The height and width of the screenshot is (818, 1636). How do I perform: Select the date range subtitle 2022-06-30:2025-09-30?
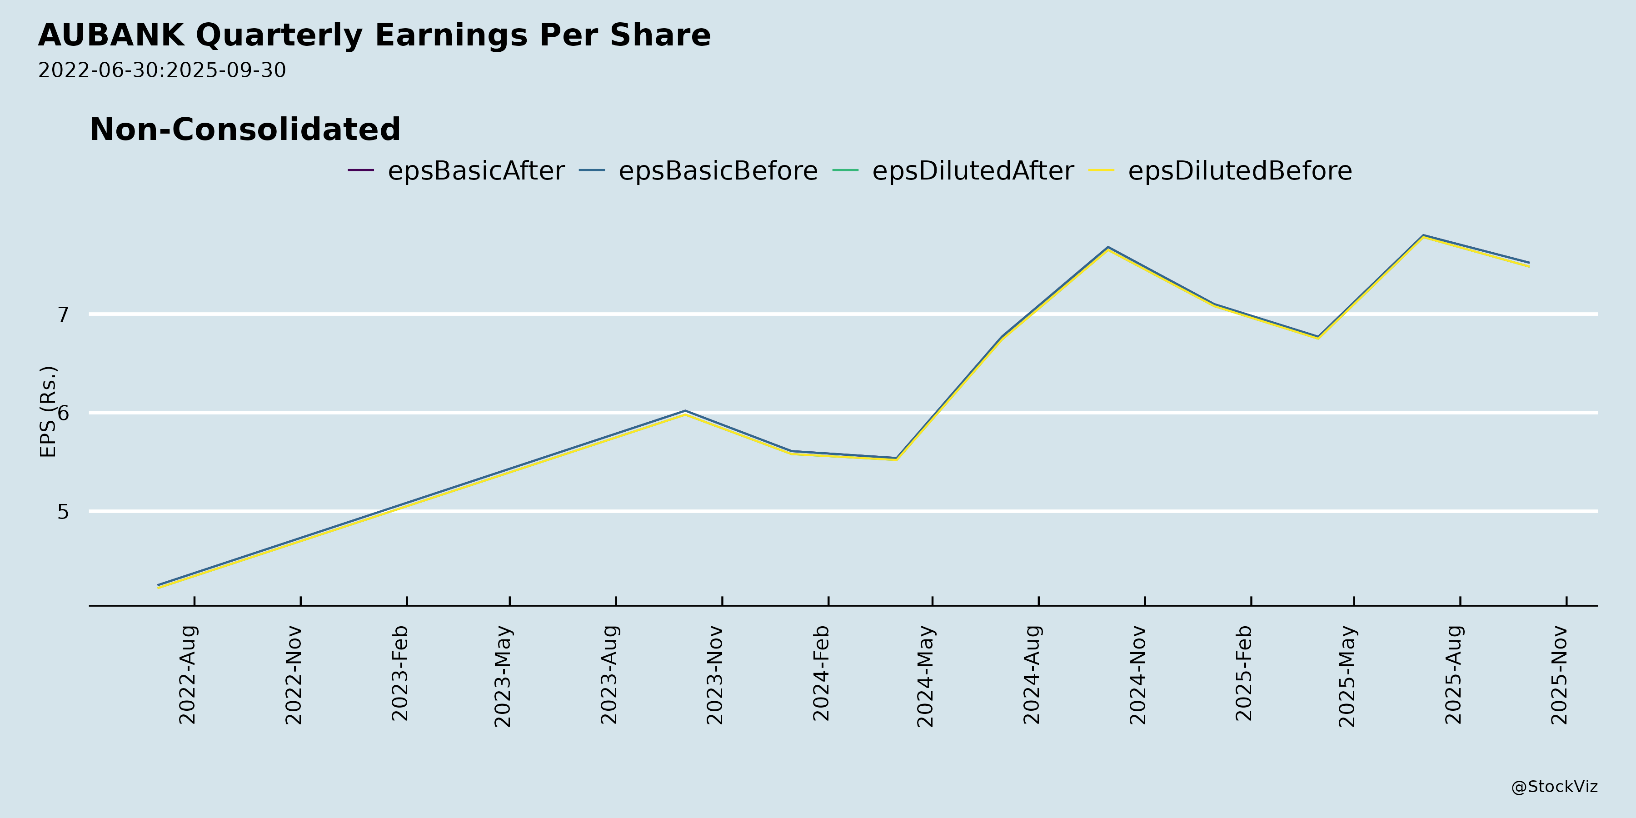coord(162,70)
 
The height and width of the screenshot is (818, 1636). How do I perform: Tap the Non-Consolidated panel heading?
coord(245,130)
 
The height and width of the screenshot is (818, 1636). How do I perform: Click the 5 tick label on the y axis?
coord(63,512)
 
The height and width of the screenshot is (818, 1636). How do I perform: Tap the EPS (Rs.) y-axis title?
coord(48,412)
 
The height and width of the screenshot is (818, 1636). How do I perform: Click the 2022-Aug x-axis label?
coord(188,674)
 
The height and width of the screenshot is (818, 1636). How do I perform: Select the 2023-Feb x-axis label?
coord(400,673)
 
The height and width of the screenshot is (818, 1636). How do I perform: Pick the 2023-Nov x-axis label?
coord(716,674)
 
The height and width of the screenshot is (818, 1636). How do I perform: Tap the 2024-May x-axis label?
coord(926,676)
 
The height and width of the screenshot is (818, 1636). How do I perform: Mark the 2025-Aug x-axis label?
coord(1454,674)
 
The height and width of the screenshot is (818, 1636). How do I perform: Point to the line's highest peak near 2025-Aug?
coord(1423,235)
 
